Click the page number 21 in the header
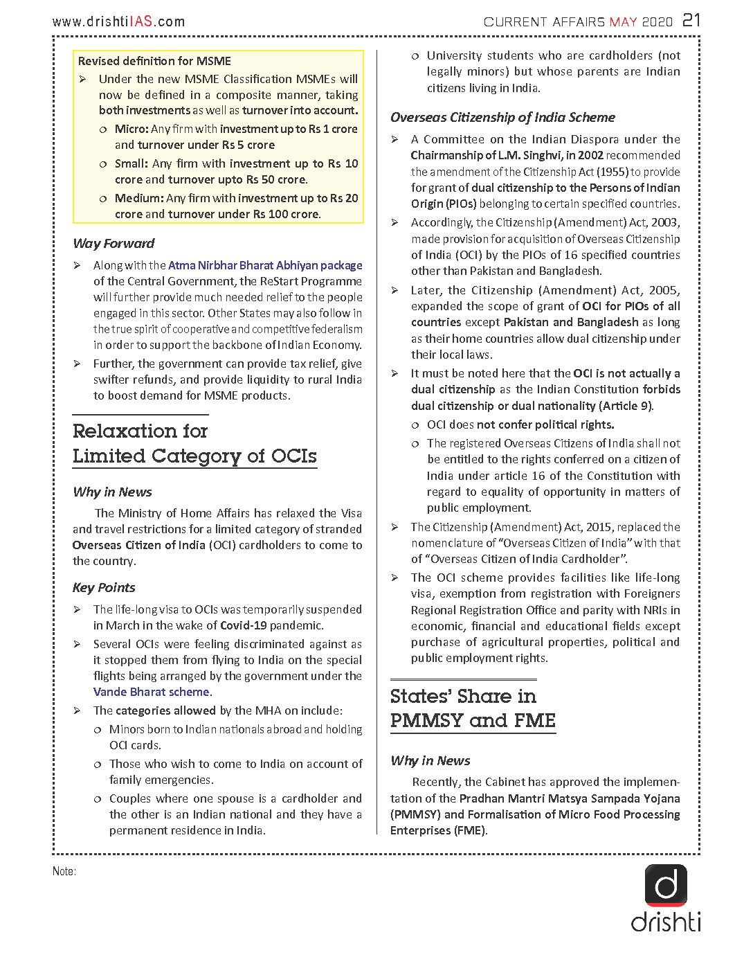pos(691,20)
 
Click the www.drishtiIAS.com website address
pos(118,21)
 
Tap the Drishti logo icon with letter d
pos(666,885)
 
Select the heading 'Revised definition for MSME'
pos(154,61)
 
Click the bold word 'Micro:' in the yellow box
pos(131,129)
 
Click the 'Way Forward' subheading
pos(114,243)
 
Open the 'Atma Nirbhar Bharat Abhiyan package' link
pos(265,265)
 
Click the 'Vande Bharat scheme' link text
pos(152,692)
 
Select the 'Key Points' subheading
pos(104,587)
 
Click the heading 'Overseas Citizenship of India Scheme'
pos(502,117)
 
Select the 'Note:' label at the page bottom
pos(64,871)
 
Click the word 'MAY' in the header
pos(623,22)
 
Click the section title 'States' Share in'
pos(463,696)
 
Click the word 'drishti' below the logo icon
pos(666,922)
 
